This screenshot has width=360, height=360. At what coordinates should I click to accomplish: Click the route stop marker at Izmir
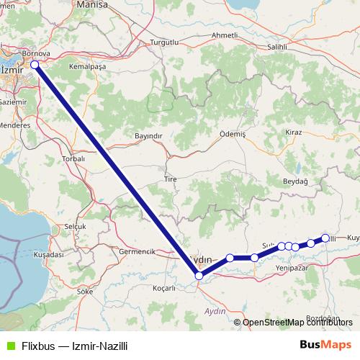(35, 65)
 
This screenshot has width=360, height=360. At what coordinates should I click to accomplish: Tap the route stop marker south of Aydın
(199, 275)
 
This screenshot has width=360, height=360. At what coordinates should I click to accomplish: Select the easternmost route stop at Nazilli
(325, 238)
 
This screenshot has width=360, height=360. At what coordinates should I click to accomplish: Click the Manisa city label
(91, 4)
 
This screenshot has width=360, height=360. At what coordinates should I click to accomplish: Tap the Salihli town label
(276, 46)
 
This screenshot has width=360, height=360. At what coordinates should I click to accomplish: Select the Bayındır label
(150, 135)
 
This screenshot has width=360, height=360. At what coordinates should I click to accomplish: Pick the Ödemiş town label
(233, 135)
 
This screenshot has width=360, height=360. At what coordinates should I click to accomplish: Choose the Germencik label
(137, 252)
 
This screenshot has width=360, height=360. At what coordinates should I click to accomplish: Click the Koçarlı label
(164, 288)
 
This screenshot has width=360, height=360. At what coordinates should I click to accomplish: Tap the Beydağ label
(295, 181)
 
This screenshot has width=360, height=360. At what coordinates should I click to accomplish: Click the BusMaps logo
(320, 344)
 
